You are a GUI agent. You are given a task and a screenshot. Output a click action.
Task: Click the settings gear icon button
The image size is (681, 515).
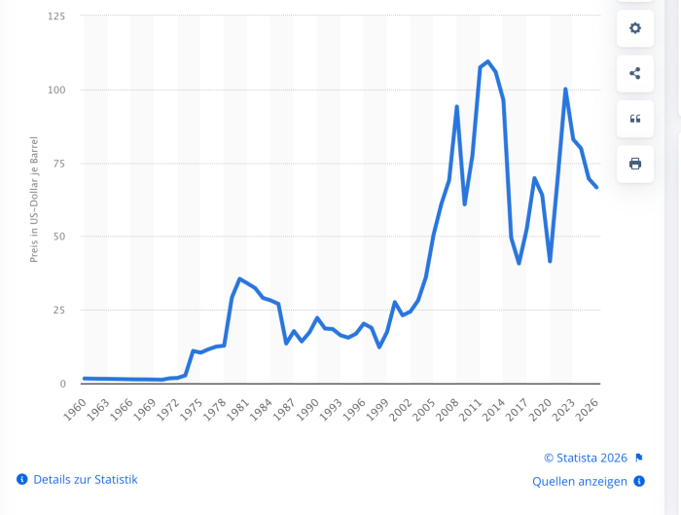pos(635,28)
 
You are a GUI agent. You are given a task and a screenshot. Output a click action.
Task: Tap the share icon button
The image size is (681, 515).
pos(635,73)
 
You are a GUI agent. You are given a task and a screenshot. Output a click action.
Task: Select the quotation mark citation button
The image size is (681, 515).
pos(635,118)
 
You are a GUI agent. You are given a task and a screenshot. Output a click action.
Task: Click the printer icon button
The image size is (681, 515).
pos(635,163)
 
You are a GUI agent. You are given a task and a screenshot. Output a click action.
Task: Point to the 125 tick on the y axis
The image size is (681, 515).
pos(56,17)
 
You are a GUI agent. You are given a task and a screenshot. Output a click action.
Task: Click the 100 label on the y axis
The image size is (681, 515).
pos(56,90)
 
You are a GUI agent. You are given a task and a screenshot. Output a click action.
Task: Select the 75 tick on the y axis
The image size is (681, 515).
pos(59,164)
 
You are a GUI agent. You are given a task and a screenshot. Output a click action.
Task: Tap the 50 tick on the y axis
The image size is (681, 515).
pos(59,237)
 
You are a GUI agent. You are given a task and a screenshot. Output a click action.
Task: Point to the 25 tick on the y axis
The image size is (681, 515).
pos(59,310)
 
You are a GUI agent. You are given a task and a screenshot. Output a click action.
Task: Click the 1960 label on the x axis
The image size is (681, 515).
pos(74,406)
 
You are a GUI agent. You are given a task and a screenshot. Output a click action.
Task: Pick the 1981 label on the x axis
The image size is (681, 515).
pos(236,406)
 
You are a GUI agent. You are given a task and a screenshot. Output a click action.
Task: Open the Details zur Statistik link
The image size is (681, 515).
pos(85,479)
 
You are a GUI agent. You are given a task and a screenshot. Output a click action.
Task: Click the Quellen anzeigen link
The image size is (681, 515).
pos(580,481)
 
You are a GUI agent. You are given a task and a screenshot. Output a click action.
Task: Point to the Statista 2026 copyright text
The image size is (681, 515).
pos(586,458)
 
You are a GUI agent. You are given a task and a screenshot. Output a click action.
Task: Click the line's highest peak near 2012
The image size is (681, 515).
pos(488,61)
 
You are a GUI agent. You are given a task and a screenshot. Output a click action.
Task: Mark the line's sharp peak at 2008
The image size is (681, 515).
pos(457,106)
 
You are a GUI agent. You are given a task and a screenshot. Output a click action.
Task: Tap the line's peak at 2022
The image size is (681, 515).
pos(565,89)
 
